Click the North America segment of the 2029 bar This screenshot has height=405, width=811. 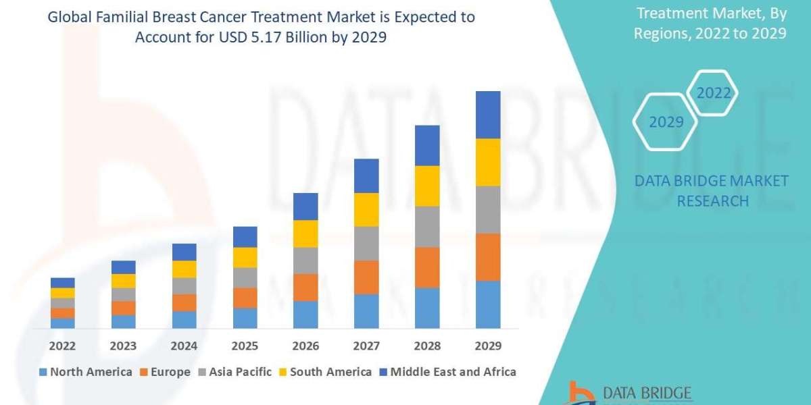[488, 304]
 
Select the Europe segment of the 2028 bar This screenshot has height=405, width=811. [427, 267]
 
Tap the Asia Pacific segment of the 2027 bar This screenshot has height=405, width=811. [366, 243]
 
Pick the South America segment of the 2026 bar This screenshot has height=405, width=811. [305, 234]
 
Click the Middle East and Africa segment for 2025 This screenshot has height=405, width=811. [245, 236]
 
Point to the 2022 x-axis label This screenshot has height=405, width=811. [62, 346]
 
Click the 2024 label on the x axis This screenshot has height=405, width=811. [184, 346]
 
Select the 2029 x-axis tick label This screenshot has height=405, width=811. [488, 346]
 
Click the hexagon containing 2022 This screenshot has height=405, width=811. [714, 93]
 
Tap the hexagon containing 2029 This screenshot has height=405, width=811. [666, 122]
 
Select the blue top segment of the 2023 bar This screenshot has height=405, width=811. [123, 267]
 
